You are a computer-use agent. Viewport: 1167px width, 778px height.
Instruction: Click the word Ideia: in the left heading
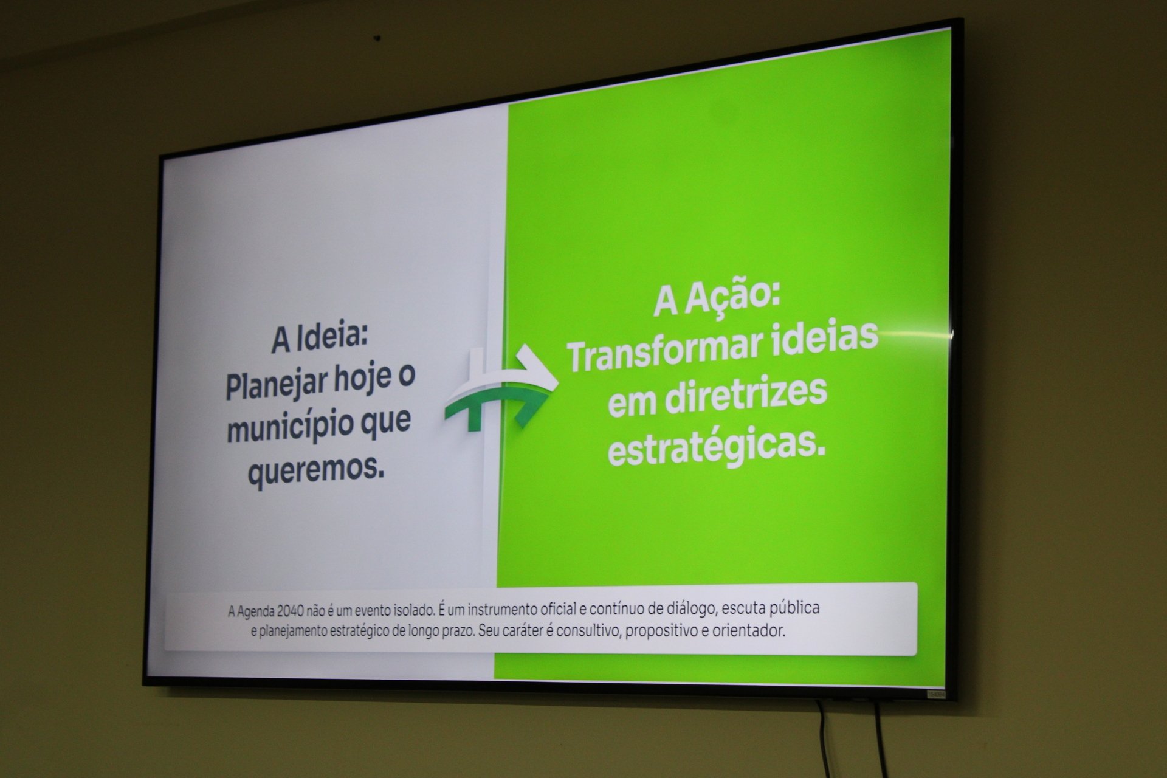tap(332, 337)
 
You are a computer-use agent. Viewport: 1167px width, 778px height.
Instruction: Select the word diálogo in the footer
tap(697, 608)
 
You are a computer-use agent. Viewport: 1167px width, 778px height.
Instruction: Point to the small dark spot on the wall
tap(377, 39)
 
